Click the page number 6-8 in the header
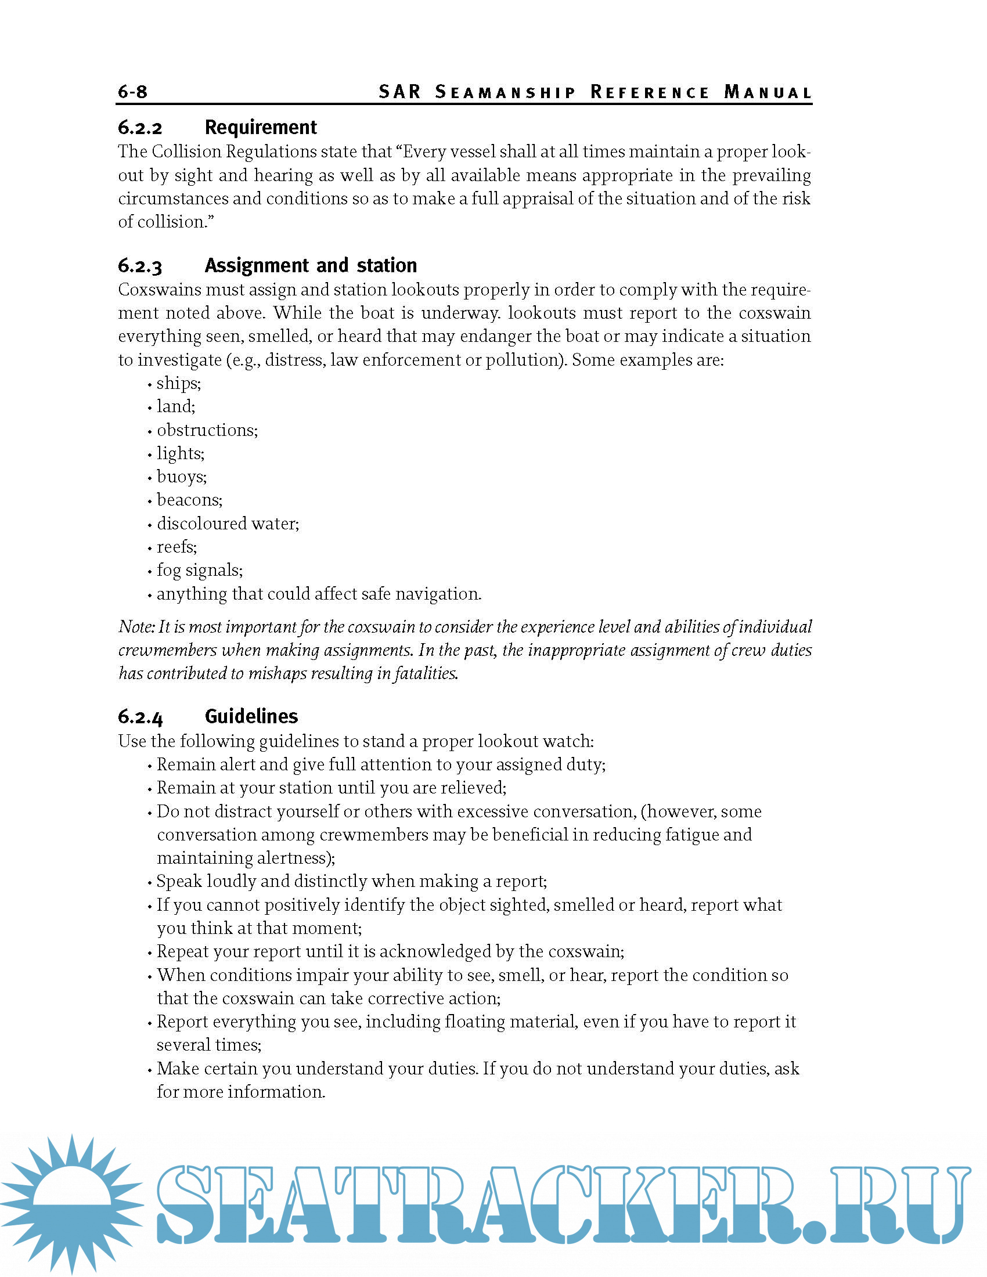coord(133,92)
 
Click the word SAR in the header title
coord(400,92)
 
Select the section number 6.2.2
coord(141,128)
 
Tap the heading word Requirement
coord(260,128)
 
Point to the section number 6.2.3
coord(141,266)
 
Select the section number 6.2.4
coord(141,717)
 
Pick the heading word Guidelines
coord(251,716)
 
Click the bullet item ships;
coord(178,384)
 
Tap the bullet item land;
coord(175,406)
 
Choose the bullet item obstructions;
coord(207,430)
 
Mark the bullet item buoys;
coord(181,477)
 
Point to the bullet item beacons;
coord(189,500)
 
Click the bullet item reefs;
coord(176,547)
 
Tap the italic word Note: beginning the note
coord(136,627)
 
